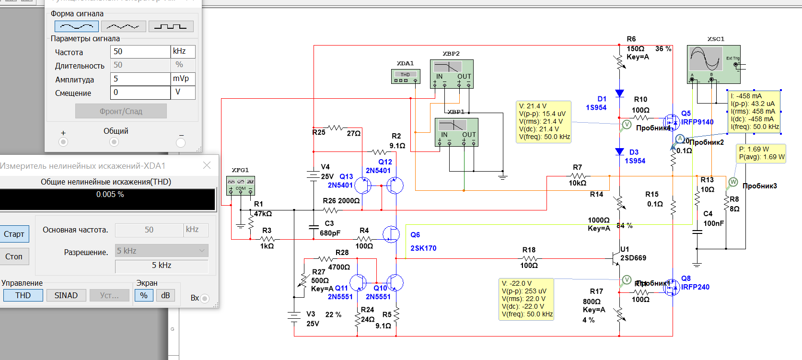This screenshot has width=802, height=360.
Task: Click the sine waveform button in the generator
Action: point(77,26)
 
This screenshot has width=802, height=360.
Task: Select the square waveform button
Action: point(171,26)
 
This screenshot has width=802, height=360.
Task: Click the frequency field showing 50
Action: point(140,52)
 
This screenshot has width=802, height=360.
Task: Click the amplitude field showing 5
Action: point(140,79)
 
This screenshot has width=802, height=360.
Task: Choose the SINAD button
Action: point(66,295)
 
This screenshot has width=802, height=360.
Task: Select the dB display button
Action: point(165,295)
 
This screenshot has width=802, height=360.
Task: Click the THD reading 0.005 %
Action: point(110,195)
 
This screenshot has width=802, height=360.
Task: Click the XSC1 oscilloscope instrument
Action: point(713,64)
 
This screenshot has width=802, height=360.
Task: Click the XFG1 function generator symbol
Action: point(240,185)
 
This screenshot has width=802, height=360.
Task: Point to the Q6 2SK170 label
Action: point(423,242)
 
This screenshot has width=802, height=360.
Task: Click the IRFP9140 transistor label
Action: point(697,122)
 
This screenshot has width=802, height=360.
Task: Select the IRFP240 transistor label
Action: point(695,287)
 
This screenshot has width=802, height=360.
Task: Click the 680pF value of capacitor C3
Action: point(330,233)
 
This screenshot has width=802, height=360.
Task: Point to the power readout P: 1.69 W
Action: point(754,149)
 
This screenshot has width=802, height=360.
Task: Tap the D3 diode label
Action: point(634,152)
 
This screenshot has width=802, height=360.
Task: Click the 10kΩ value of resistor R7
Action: point(577,183)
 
